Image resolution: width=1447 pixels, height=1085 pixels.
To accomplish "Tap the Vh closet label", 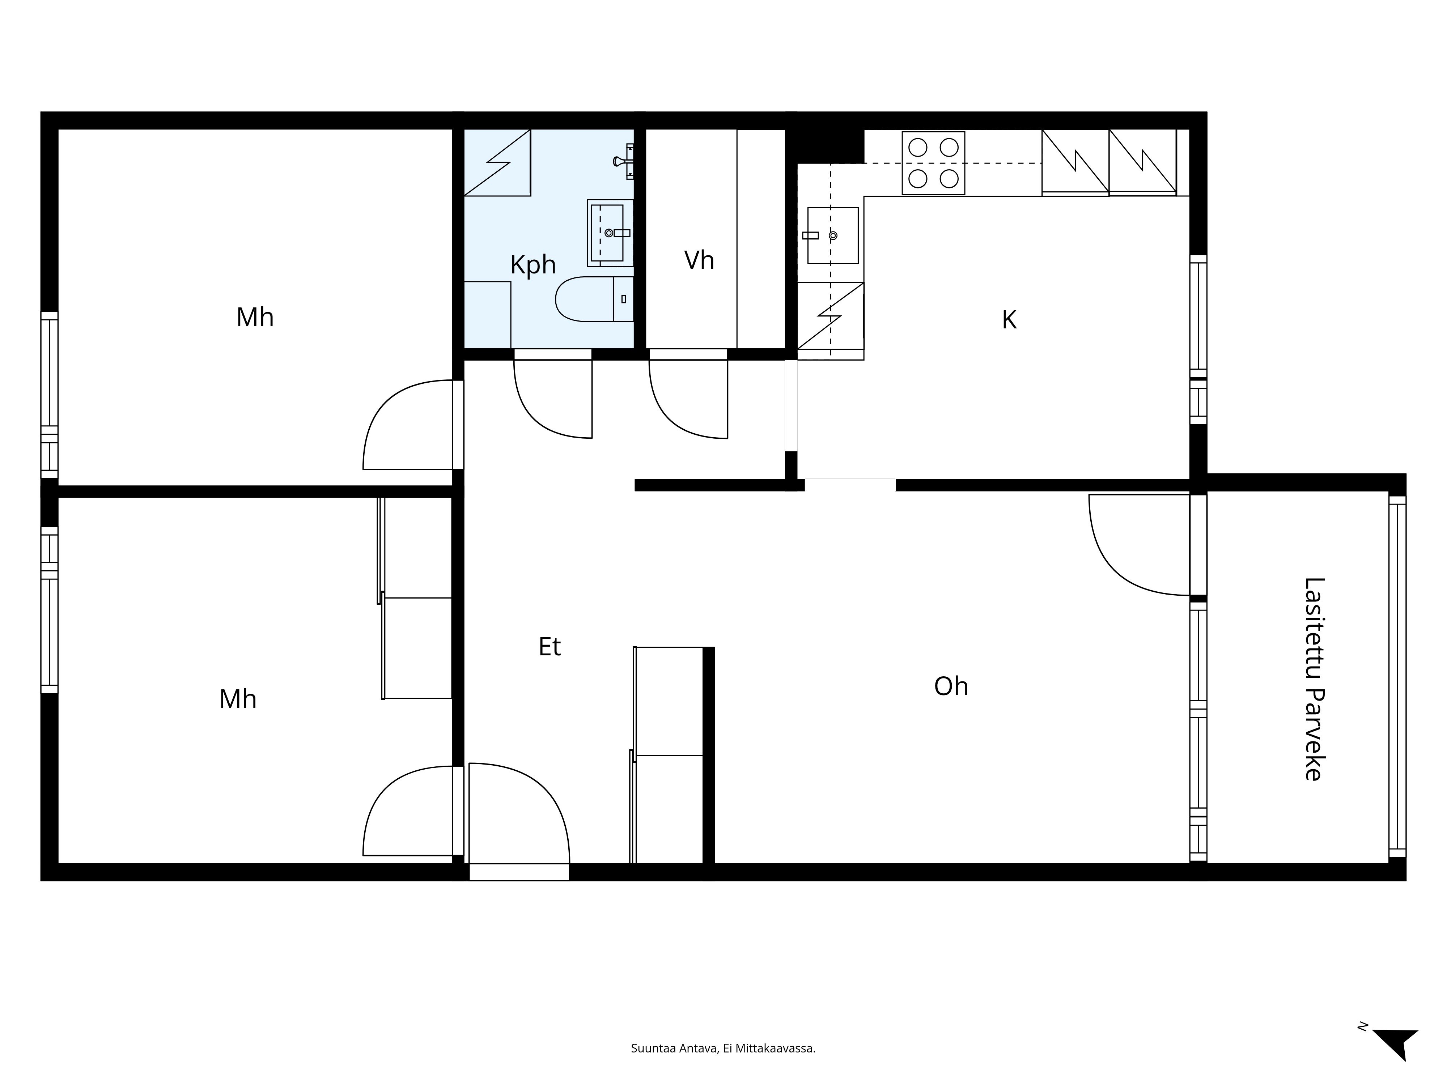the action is [x=699, y=260].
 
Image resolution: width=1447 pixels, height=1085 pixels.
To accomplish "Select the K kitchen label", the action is [x=1009, y=320].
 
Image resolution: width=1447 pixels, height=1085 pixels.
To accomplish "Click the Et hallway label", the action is [x=549, y=647].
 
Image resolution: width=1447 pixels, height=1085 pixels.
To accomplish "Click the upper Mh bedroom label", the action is [x=255, y=317].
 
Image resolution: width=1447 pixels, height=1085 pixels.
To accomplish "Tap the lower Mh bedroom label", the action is [x=237, y=699].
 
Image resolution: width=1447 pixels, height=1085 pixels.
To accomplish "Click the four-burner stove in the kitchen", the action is [x=933, y=163].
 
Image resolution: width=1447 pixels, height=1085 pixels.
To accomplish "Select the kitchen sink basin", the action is [x=833, y=235].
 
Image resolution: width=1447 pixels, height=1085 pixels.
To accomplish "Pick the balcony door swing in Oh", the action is [x=1139, y=545].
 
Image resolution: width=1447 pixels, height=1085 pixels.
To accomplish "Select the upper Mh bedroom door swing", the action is [x=408, y=425].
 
